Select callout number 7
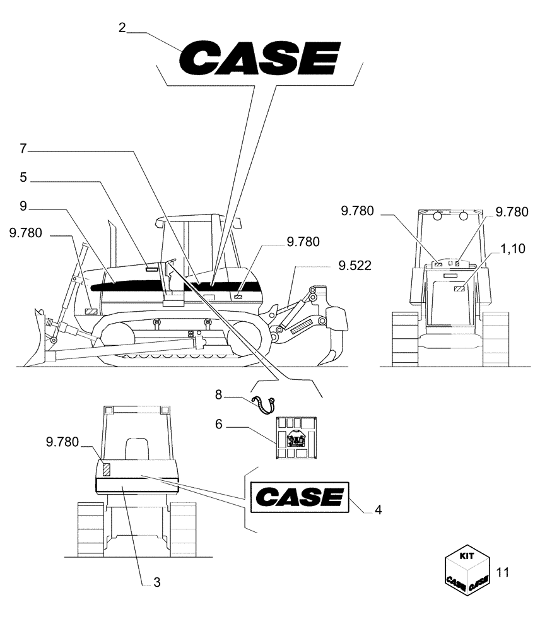[23, 150]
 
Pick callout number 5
[23, 179]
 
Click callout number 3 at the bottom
[157, 582]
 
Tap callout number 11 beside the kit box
[503, 572]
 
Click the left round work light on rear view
[437, 216]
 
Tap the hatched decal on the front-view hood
[107, 469]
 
